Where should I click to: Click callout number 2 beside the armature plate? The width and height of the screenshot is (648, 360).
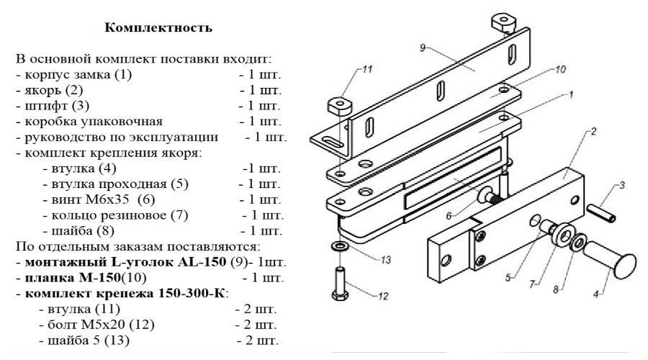[594, 131]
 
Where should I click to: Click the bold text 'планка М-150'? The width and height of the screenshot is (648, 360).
[70, 277]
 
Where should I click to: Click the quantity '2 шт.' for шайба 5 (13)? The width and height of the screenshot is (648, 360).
[256, 340]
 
